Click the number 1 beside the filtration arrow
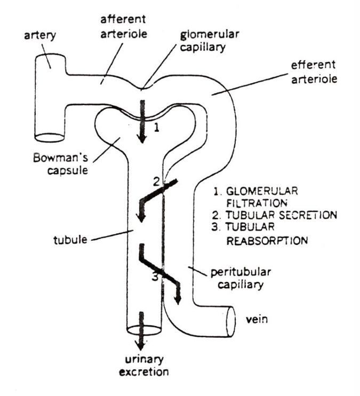155,129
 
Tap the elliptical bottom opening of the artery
51,137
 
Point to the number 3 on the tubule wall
154,278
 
